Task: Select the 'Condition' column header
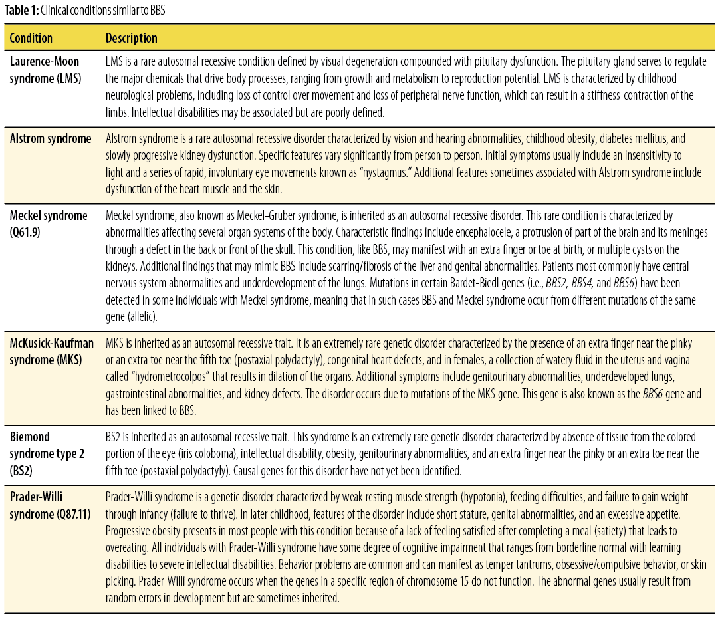[x=31, y=38]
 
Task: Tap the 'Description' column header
[x=132, y=38]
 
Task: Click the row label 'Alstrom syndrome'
[x=51, y=138]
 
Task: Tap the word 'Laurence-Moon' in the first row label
[x=44, y=61]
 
